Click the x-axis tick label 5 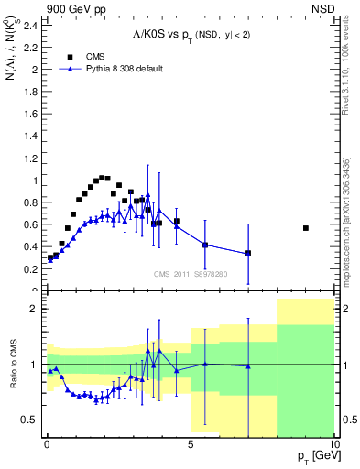191,443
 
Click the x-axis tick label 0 47,443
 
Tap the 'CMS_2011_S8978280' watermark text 191,274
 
